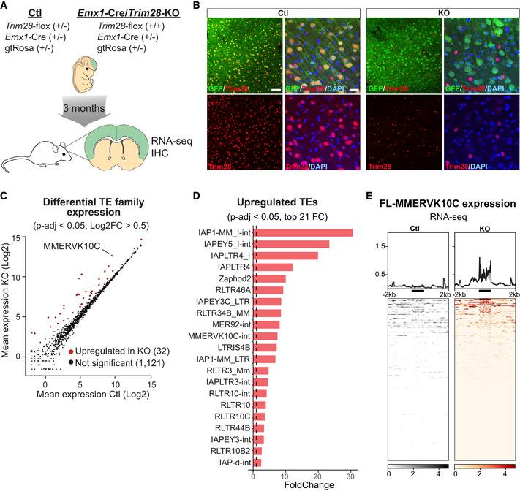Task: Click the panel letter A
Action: click(6, 7)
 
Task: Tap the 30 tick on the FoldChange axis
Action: click(351, 473)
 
